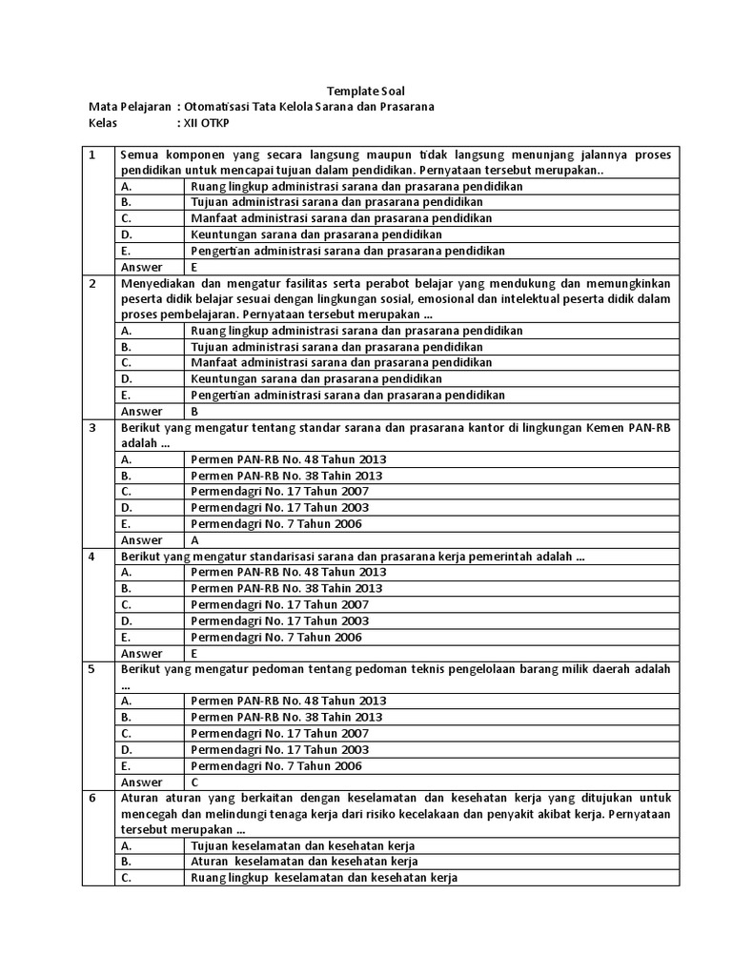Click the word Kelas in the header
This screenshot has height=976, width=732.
tap(102, 123)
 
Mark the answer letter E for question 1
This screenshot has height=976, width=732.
tap(194, 268)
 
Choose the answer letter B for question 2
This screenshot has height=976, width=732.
tap(194, 412)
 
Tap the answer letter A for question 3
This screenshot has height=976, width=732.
tap(194, 539)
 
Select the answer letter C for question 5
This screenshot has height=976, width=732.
tap(194, 783)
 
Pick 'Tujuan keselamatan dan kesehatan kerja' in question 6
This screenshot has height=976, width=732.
tap(303, 845)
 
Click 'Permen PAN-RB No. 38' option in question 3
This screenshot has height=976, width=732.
tap(286, 476)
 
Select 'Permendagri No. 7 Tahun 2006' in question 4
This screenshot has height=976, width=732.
tap(276, 637)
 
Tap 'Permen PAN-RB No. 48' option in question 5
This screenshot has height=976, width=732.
tap(288, 701)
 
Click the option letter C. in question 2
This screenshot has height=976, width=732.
tap(127, 363)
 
